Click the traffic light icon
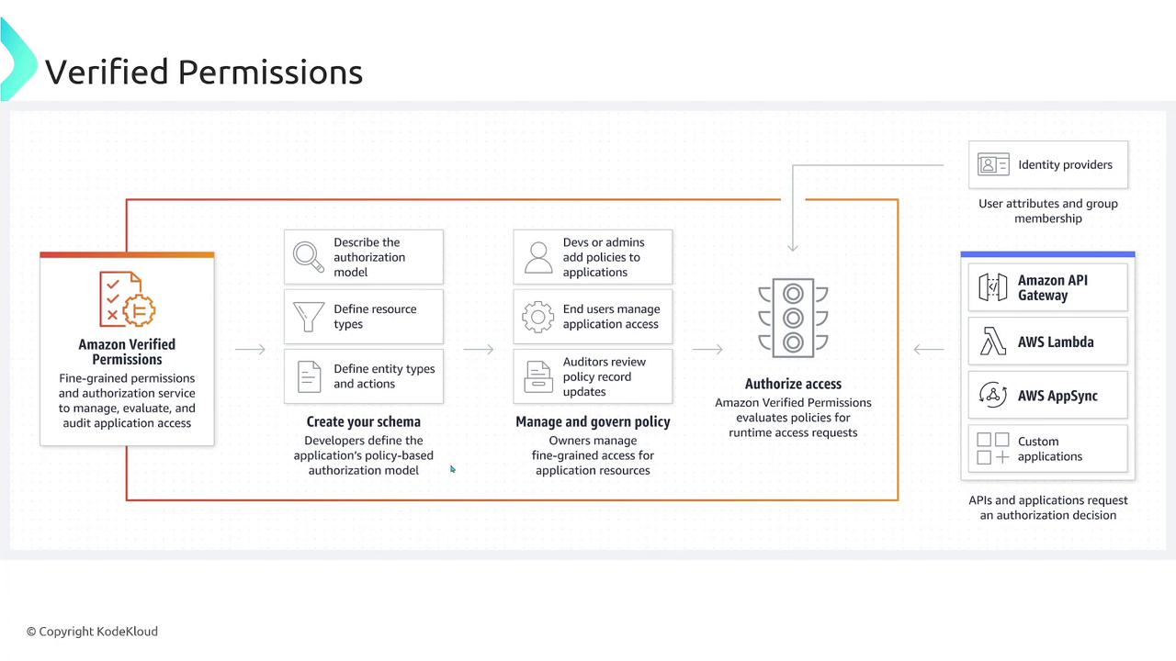tap(793, 318)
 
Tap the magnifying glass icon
tap(308, 257)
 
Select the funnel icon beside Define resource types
tap(308, 317)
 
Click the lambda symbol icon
tap(992, 342)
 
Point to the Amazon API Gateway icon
tap(993, 287)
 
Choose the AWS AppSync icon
tap(993, 395)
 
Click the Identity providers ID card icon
tap(993, 164)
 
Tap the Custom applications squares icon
tap(993, 449)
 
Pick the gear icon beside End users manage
tap(537, 317)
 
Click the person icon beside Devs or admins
tap(538, 257)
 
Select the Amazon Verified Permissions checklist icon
tap(127, 299)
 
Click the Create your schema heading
tap(363, 421)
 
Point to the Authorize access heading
tap(793, 384)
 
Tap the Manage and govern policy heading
tap(593, 421)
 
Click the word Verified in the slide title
tap(107, 72)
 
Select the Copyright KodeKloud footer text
tap(93, 632)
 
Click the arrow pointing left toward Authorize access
tap(929, 349)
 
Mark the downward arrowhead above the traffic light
tap(793, 247)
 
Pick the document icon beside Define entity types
tap(309, 376)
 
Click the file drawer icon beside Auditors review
tap(538, 376)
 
